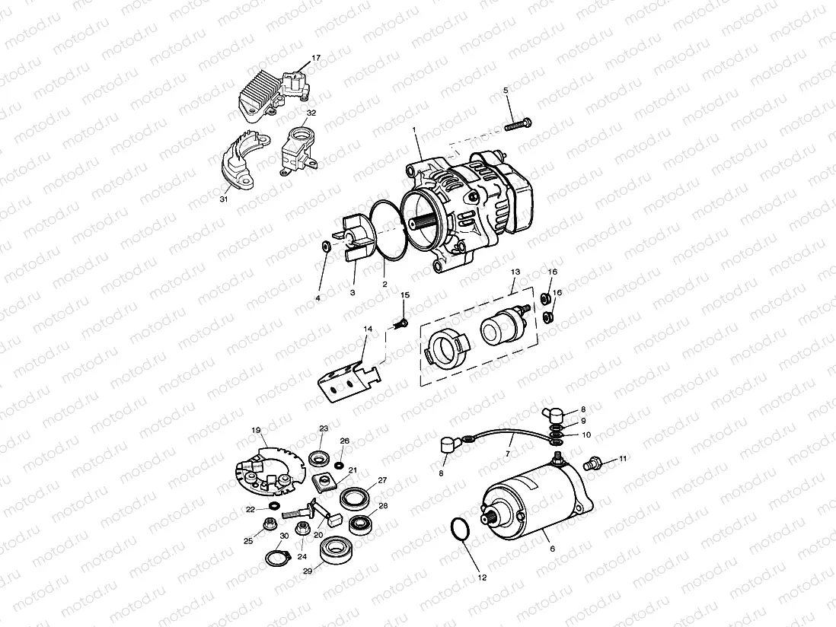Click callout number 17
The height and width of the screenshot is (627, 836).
click(x=316, y=58)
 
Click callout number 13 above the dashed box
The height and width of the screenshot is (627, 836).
click(x=515, y=272)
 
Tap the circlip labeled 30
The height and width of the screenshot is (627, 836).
click(x=277, y=559)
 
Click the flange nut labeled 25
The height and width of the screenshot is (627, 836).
click(x=269, y=524)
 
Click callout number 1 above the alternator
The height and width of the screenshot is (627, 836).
click(x=415, y=131)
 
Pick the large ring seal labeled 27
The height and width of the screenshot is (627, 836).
click(x=353, y=499)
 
